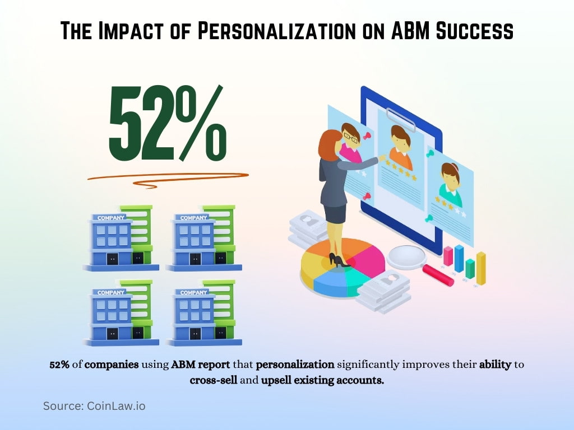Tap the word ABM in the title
tap(411, 31)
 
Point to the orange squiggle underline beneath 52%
tap(168, 177)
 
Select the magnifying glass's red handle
tap(437, 275)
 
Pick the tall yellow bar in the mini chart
tap(481, 268)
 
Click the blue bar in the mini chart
tap(459, 258)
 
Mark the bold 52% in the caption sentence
tap(59, 365)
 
